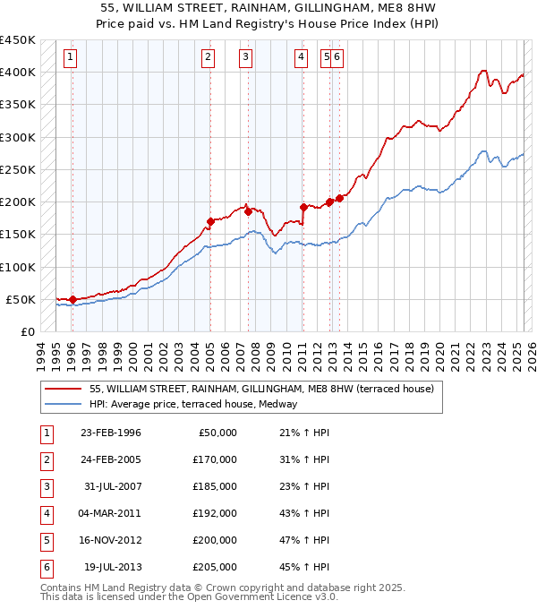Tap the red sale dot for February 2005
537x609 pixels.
coord(210,221)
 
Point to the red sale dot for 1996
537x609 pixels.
coord(72,299)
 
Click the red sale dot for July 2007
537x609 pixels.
coord(248,211)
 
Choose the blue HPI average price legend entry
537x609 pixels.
coord(199,404)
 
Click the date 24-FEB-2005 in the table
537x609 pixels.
coord(110,459)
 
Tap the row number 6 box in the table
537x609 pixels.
coord(46,567)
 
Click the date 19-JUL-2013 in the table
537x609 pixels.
coord(112,567)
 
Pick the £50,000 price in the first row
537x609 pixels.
coord(216,433)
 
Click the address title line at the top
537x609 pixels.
coord(268,10)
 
